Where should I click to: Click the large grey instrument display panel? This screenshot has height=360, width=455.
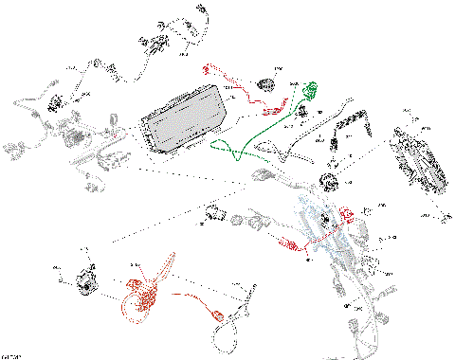[x=186, y=120]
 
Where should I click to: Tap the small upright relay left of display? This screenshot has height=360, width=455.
[x=115, y=122]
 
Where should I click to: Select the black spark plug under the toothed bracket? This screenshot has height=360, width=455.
[x=337, y=143]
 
